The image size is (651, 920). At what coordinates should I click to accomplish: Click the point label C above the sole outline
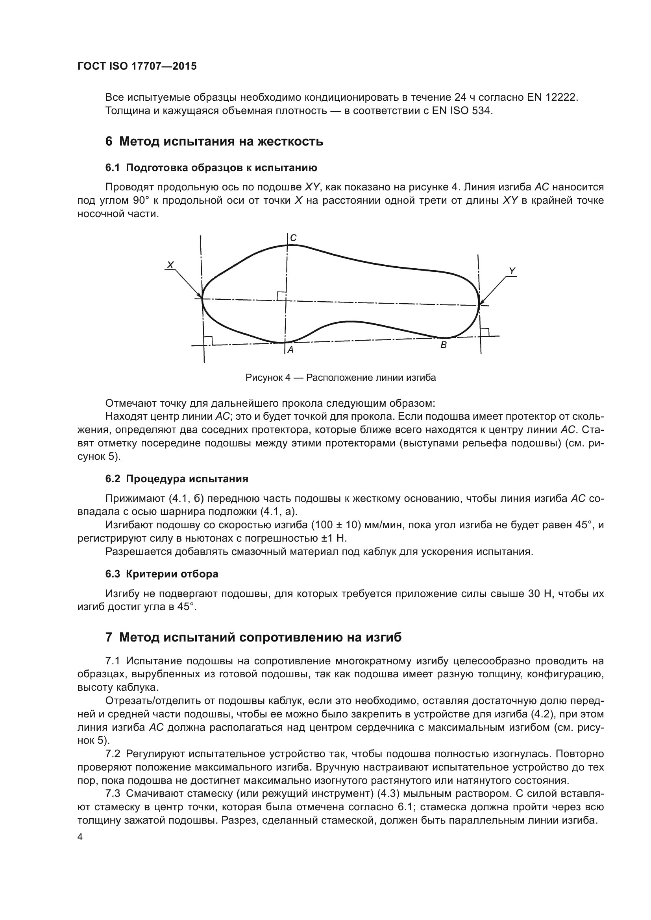pos(294,238)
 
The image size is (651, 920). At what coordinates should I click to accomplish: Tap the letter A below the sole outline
pos(291,350)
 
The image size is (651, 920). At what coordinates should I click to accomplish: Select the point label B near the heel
pos(443,345)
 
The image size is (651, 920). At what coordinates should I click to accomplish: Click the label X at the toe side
pos(170,265)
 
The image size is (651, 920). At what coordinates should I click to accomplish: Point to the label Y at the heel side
pos(512,271)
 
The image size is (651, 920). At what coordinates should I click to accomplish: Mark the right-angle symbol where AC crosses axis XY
pos(281,296)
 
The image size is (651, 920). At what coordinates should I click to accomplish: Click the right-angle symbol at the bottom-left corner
pos(208,340)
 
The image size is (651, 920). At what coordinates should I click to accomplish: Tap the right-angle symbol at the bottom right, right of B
pos(484,332)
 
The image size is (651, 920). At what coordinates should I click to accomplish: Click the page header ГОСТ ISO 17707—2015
pos(137,66)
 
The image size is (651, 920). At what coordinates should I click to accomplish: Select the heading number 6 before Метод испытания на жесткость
pos(109,142)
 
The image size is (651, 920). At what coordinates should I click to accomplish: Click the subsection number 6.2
pos(113,479)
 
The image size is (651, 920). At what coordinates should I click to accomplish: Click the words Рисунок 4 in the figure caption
pos(267,378)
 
